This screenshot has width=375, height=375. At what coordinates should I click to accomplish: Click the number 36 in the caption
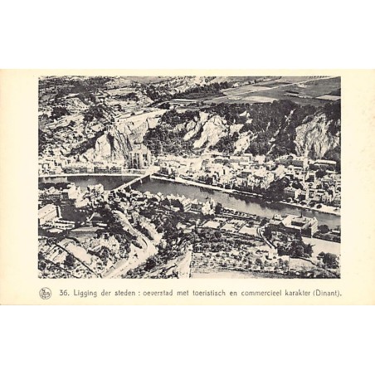(64, 293)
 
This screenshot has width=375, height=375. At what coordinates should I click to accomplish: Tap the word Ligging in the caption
(87, 293)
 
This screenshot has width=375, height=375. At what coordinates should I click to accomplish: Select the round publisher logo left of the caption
(46, 293)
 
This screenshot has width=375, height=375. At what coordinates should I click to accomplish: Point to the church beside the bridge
(139, 156)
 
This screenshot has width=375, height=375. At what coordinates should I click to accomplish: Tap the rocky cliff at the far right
(316, 136)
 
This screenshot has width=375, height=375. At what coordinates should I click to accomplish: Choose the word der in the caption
(110, 293)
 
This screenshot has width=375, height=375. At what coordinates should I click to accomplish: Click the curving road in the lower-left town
(133, 241)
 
